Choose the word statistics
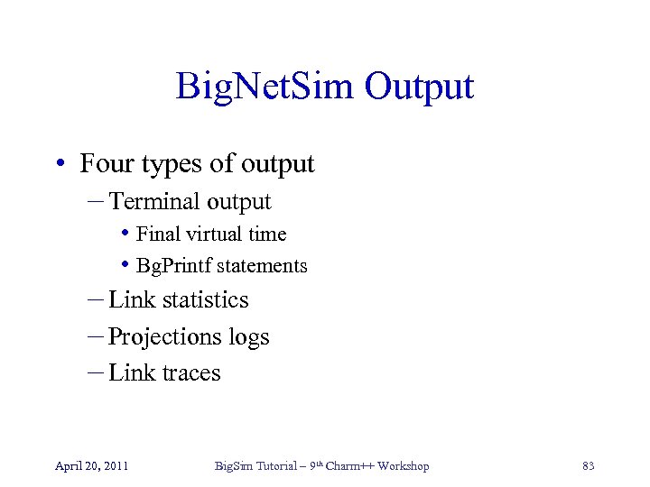click(203, 300)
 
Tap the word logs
click(248, 338)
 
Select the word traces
click(192, 373)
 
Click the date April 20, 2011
click(91, 466)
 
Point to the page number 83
click(589, 466)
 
